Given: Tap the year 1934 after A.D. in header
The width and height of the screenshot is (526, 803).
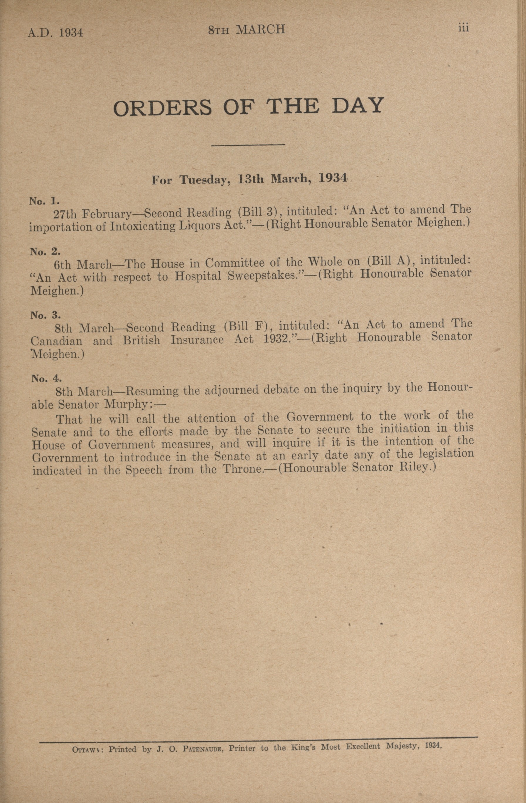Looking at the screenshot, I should click(x=71, y=33).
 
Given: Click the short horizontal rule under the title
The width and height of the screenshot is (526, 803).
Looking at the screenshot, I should click(x=248, y=145).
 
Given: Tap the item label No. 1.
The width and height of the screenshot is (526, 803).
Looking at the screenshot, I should click(x=45, y=201).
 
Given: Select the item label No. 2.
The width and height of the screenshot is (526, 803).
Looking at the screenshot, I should click(x=45, y=252).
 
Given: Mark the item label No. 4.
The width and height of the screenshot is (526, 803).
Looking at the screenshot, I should click(x=46, y=379).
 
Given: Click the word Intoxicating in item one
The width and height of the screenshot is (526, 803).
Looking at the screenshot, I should click(x=143, y=226).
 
